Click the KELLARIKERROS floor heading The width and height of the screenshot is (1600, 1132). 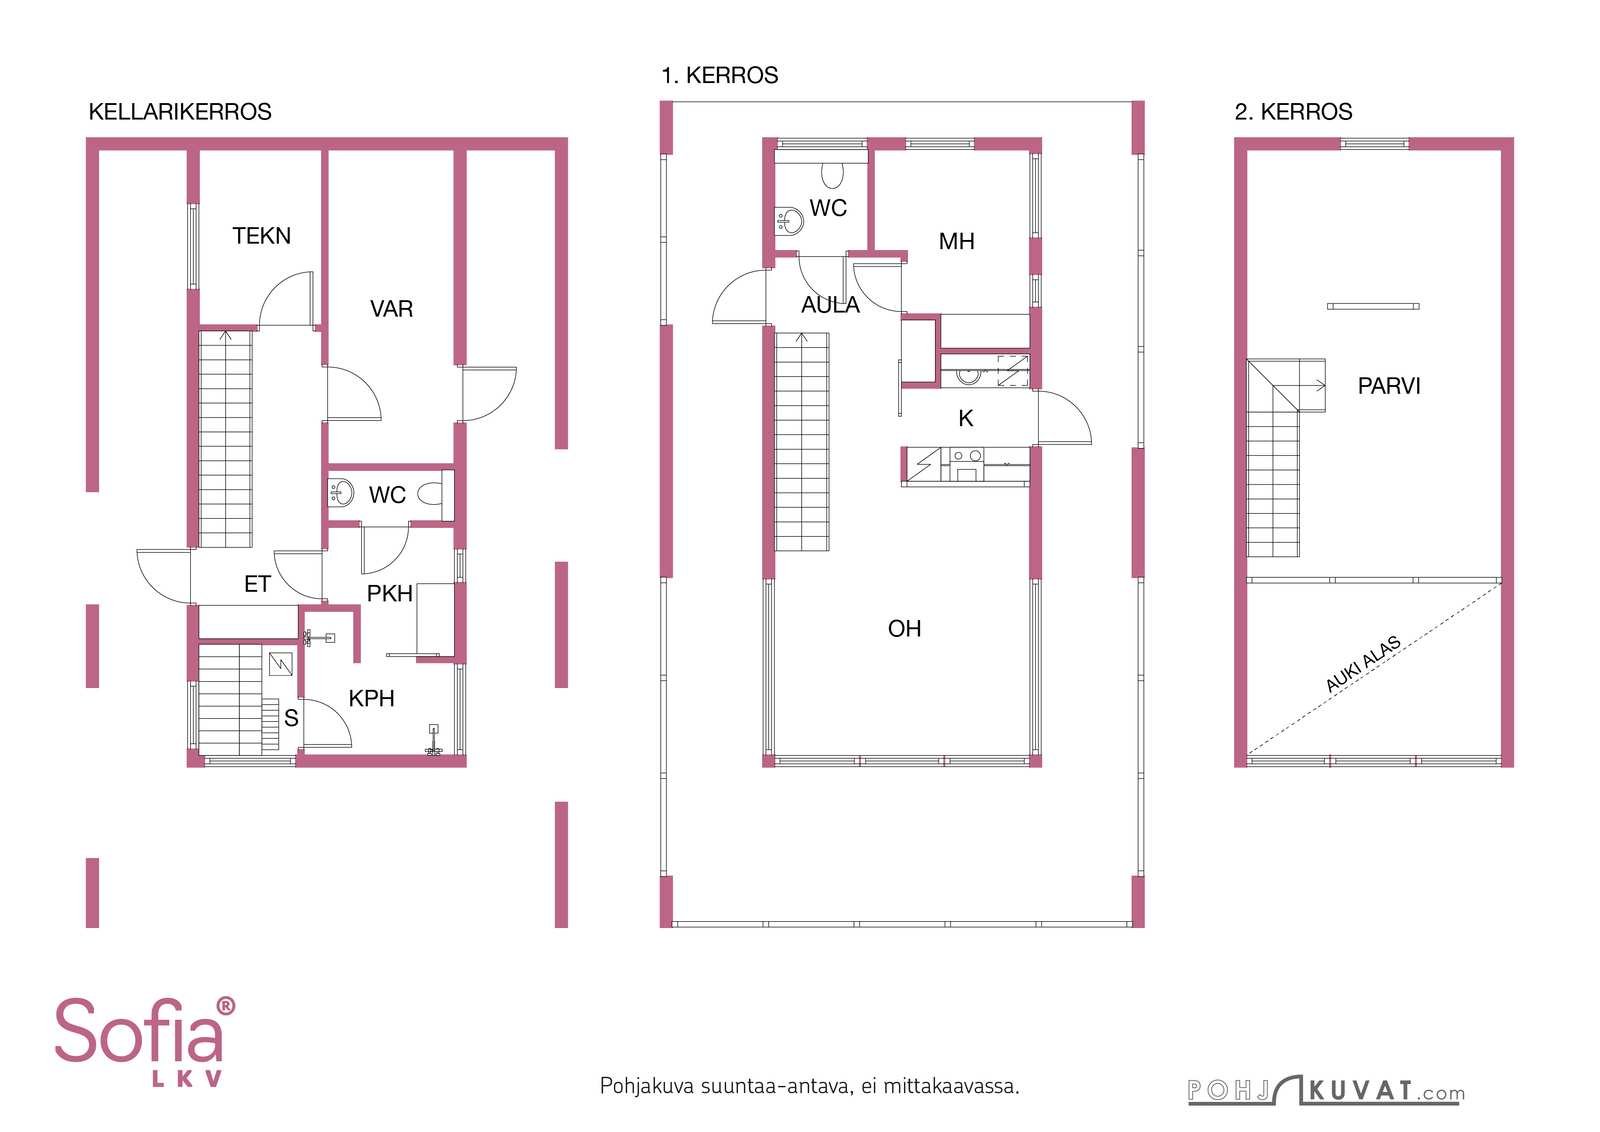tap(180, 112)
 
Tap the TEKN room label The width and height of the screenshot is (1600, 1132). tap(261, 236)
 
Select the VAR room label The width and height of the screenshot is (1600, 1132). tap(391, 309)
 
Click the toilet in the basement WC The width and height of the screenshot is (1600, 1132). tap(430, 494)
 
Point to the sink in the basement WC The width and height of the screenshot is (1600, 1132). tap(341, 493)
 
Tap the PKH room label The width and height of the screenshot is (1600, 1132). tap(389, 593)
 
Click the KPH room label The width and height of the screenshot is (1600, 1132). tap(371, 698)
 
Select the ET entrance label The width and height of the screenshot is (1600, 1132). tap(257, 584)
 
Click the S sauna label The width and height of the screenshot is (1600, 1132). tap(291, 718)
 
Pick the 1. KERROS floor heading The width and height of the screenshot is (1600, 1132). tap(719, 76)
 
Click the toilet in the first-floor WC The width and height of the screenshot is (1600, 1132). tap(832, 175)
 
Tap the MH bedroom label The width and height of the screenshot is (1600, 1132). tap(956, 241)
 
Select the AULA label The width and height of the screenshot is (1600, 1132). tap(830, 305)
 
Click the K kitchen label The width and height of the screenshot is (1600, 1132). tap(966, 419)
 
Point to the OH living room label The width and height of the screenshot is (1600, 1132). tap(904, 628)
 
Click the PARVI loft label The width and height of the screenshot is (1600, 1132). tap(1389, 386)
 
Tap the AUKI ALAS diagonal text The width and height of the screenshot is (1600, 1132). tap(1363, 664)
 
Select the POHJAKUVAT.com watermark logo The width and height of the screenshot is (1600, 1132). tap(1326, 1090)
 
